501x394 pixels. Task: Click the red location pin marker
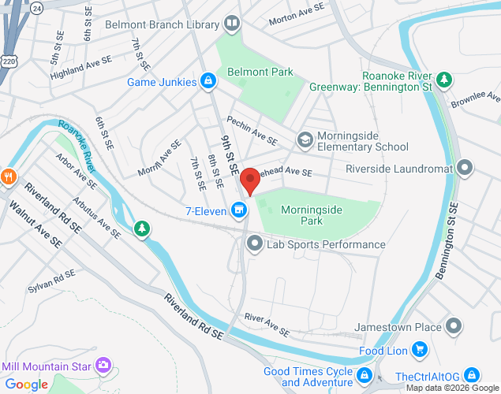(250, 180)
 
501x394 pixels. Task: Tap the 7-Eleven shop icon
(239, 210)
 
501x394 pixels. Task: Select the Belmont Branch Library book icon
(232, 24)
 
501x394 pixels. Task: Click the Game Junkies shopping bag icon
(208, 80)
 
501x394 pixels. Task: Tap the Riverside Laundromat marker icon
(465, 168)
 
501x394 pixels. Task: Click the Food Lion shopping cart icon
(419, 349)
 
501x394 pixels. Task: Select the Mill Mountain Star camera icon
(103, 365)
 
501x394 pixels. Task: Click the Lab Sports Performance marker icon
(254, 244)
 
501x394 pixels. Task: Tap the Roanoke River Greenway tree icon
(445, 80)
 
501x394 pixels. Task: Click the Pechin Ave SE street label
(252, 130)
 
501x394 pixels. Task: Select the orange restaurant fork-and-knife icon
(8, 176)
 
